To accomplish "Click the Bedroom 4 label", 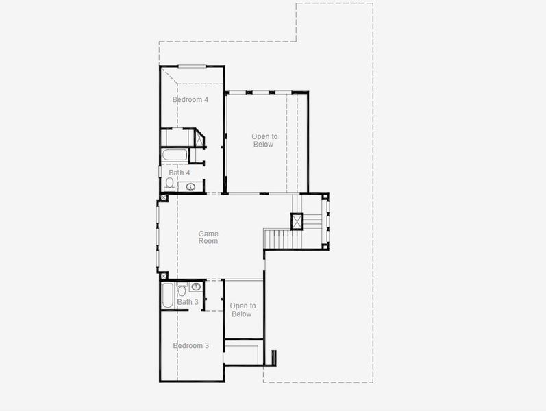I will coord(190,100).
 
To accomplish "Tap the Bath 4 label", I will coord(179,173).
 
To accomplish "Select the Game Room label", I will coord(208,238).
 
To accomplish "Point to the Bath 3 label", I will coord(188,302).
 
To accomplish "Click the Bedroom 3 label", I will coord(191,346).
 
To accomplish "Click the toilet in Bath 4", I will coord(169,184).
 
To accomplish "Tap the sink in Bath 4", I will coord(191,186).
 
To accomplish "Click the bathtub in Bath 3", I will coord(168,297).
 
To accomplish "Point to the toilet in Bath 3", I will coord(182,290).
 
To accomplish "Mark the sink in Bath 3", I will coord(196,286).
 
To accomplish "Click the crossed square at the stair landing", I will coord(297,221).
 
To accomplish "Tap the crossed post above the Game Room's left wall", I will coord(163,198).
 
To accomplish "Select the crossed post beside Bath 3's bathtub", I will coord(163,275).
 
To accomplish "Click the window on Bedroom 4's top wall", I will coord(192,66).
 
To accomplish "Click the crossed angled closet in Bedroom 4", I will coord(199,138).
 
